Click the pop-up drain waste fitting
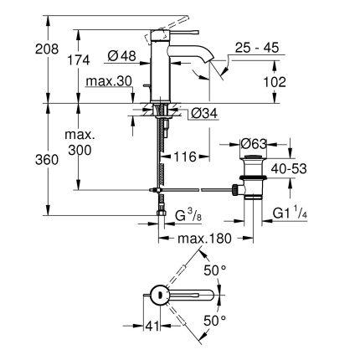[251, 180]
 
